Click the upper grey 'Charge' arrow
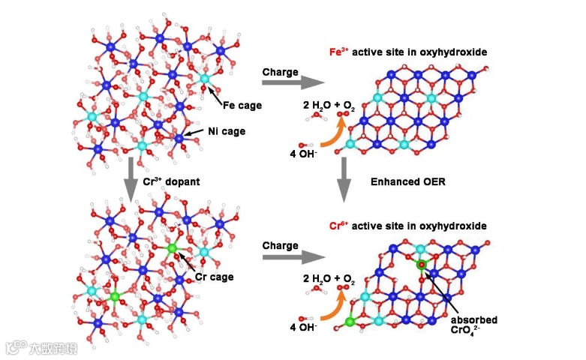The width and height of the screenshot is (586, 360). pyautogui.click(x=290, y=83)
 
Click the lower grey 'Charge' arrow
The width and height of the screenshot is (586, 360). pyautogui.click(x=290, y=256)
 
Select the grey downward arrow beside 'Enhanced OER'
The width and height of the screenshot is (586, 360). pyautogui.click(x=344, y=180)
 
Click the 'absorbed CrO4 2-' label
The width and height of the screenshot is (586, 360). pyautogui.click(x=475, y=323)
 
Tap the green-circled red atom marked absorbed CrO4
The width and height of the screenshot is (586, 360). pyautogui.click(x=422, y=265)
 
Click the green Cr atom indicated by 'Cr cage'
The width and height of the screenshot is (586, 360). pyautogui.click(x=171, y=248)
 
